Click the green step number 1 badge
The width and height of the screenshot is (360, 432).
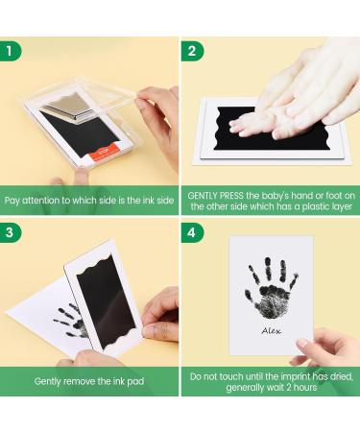[x=11, y=51]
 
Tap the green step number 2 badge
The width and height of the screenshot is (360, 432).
[x=193, y=51]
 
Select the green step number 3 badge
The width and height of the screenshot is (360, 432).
[x=11, y=232]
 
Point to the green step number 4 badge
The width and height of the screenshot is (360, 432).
[x=193, y=232]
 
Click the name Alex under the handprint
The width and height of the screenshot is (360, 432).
[x=272, y=331]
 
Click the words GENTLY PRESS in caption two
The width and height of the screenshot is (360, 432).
[x=216, y=196]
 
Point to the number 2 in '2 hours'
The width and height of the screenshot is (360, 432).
[x=288, y=387]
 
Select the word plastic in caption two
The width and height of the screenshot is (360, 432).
[x=317, y=206]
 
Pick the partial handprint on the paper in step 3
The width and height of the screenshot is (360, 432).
[x=72, y=322]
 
